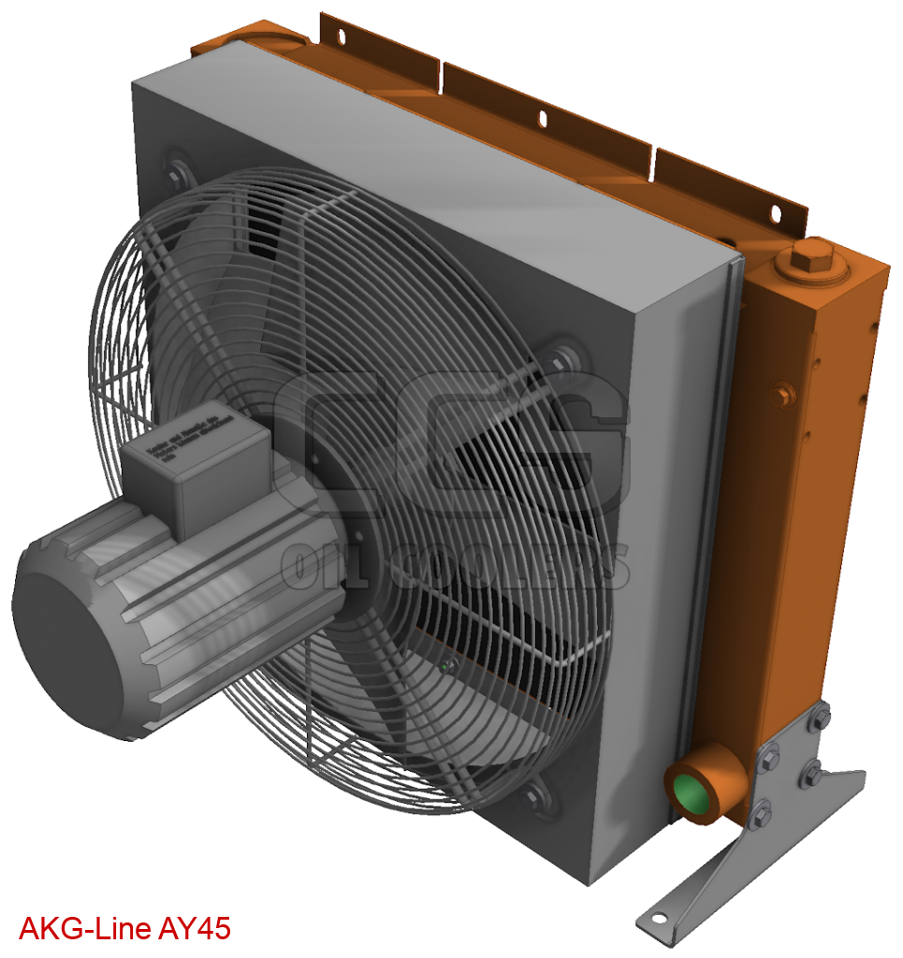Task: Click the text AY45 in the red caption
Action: pos(194,929)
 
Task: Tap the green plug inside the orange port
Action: pos(690,793)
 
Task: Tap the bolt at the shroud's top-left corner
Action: pos(175,172)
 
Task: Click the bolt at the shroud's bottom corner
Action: pos(538,798)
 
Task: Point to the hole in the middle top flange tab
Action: pos(540,118)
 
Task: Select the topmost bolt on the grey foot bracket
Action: pos(821,718)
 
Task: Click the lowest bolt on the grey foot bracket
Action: pos(760,814)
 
